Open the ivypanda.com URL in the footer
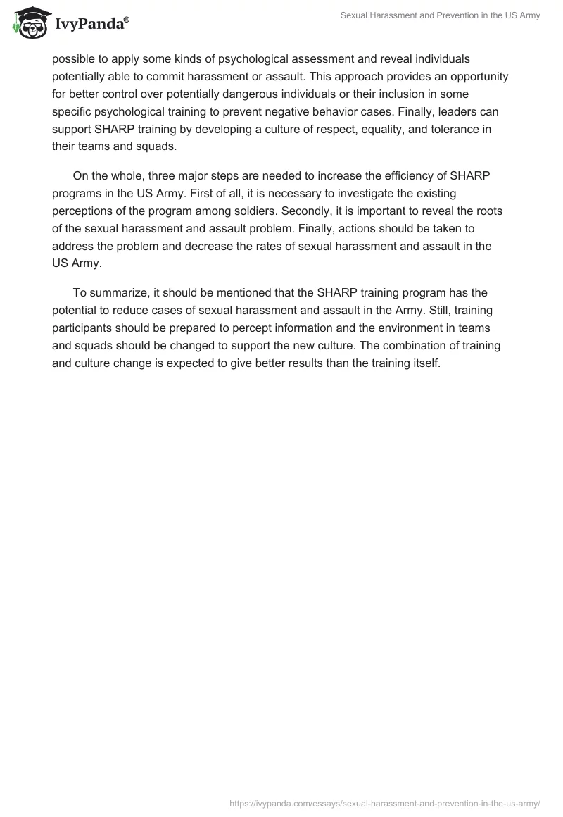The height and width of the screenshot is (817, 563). tap(384, 802)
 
